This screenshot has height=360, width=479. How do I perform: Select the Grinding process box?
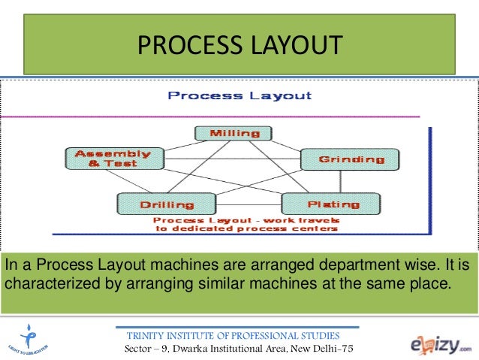point(342,159)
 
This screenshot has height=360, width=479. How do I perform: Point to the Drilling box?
point(155,204)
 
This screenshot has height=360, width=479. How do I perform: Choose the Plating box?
point(330,204)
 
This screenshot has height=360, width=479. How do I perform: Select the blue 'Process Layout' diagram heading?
point(239,95)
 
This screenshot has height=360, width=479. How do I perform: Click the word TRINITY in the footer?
point(147,335)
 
